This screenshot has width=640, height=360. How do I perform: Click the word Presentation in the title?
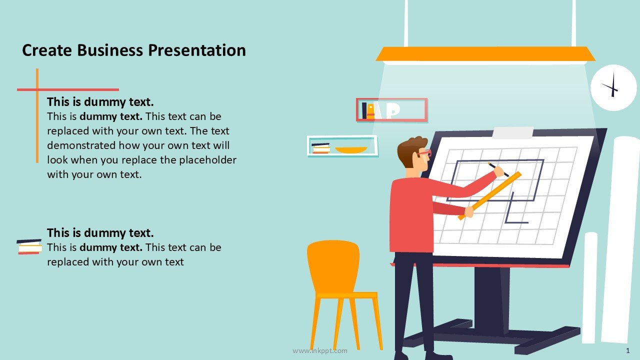197,50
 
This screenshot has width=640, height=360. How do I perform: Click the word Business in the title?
110,50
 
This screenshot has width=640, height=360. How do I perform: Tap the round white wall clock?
613,87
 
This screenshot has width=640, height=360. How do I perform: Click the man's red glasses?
424,153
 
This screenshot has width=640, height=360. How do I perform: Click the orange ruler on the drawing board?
489,195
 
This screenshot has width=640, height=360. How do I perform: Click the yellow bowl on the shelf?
351,150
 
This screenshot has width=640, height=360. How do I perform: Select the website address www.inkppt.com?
319,350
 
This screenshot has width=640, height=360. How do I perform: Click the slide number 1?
627,350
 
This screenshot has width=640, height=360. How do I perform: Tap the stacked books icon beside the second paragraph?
29,246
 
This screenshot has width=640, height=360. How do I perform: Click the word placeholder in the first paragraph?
207,160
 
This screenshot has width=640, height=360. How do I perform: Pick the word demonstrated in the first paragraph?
81,145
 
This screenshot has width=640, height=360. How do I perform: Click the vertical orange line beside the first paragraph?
37,115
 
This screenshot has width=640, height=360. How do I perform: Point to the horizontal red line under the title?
68,89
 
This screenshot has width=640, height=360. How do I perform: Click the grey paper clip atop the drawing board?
513,133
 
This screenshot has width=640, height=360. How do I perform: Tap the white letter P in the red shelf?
393,110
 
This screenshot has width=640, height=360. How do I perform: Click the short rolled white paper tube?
590,287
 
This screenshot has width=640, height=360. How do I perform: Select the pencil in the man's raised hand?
498,169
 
